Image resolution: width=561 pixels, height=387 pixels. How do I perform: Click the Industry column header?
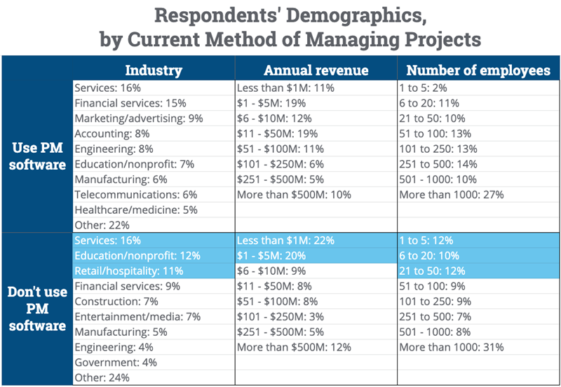pyautogui.click(x=153, y=70)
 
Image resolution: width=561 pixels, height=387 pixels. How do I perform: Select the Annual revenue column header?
pyautogui.click(x=316, y=70)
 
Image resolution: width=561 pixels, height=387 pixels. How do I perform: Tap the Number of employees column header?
pyautogui.click(x=478, y=70)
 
